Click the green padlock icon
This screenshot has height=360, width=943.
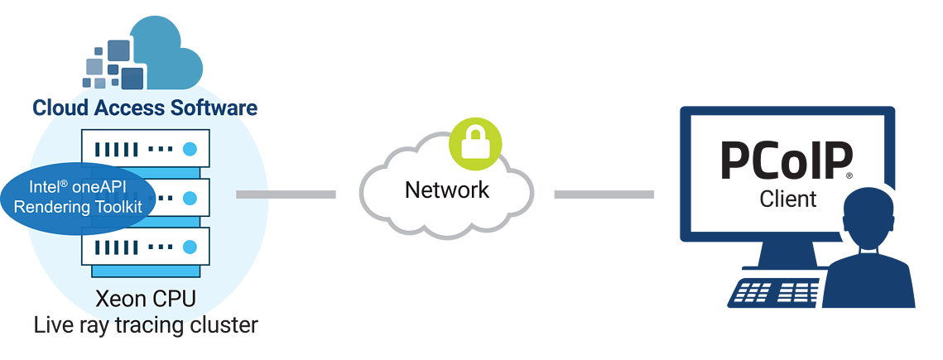[x=475, y=144]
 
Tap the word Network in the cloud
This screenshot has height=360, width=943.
[x=447, y=190]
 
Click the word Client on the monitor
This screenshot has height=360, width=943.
[x=788, y=199]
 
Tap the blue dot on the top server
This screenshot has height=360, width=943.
[x=190, y=149]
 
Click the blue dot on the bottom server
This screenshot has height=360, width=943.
[x=190, y=247]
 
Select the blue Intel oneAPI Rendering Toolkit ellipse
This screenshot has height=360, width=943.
[x=78, y=198]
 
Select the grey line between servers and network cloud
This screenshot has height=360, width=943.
[x=286, y=194]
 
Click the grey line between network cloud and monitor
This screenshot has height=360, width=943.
[x=604, y=194]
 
